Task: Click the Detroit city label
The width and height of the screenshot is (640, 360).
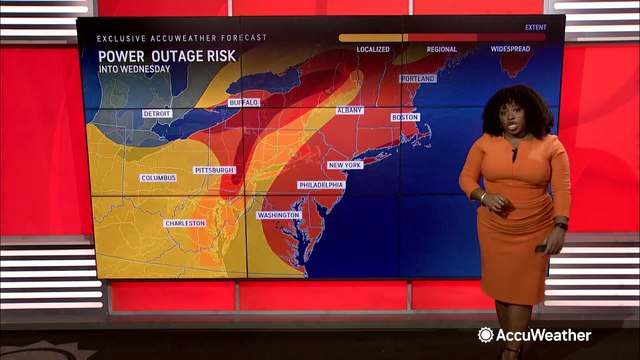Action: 157,114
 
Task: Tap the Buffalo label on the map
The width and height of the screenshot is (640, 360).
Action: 243,102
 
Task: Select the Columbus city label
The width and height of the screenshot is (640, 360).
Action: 158,178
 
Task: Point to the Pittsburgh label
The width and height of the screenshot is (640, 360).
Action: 214,170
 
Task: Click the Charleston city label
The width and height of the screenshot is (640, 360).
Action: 185,223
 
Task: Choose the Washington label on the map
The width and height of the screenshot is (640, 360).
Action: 278,215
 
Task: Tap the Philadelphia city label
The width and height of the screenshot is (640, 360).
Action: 321,185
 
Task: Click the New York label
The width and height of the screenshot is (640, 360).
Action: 345,165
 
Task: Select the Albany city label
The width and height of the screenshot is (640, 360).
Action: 350,110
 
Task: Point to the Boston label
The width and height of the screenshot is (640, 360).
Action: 405,117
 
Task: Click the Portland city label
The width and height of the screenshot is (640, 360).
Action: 418,78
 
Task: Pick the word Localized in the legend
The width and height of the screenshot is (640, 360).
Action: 372,49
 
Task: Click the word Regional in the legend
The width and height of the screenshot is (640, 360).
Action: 442,49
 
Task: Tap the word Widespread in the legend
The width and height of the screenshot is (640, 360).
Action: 510,49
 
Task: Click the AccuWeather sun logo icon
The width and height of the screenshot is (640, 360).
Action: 485,335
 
